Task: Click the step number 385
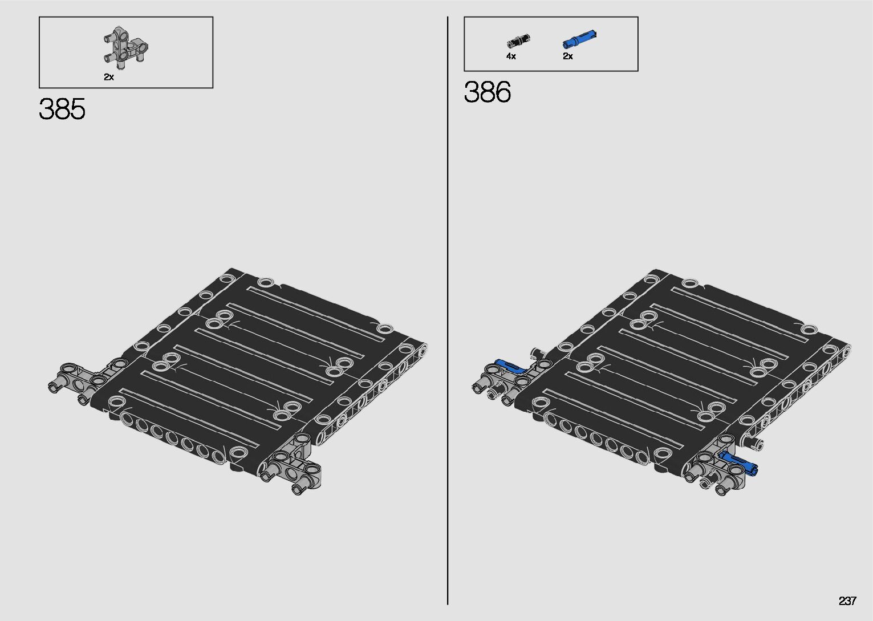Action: pyautogui.click(x=62, y=109)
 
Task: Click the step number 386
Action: pyautogui.click(x=487, y=92)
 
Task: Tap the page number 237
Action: pyautogui.click(x=847, y=600)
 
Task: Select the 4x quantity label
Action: pyautogui.click(x=511, y=56)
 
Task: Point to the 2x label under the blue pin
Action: pyautogui.click(x=568, y=56)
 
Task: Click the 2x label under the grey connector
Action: pyautogui.click(x=109, y=77)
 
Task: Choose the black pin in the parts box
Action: pyautogui.click(x=518, y=41)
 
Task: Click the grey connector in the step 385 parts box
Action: pyautogui.click(x=125, y=48)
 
